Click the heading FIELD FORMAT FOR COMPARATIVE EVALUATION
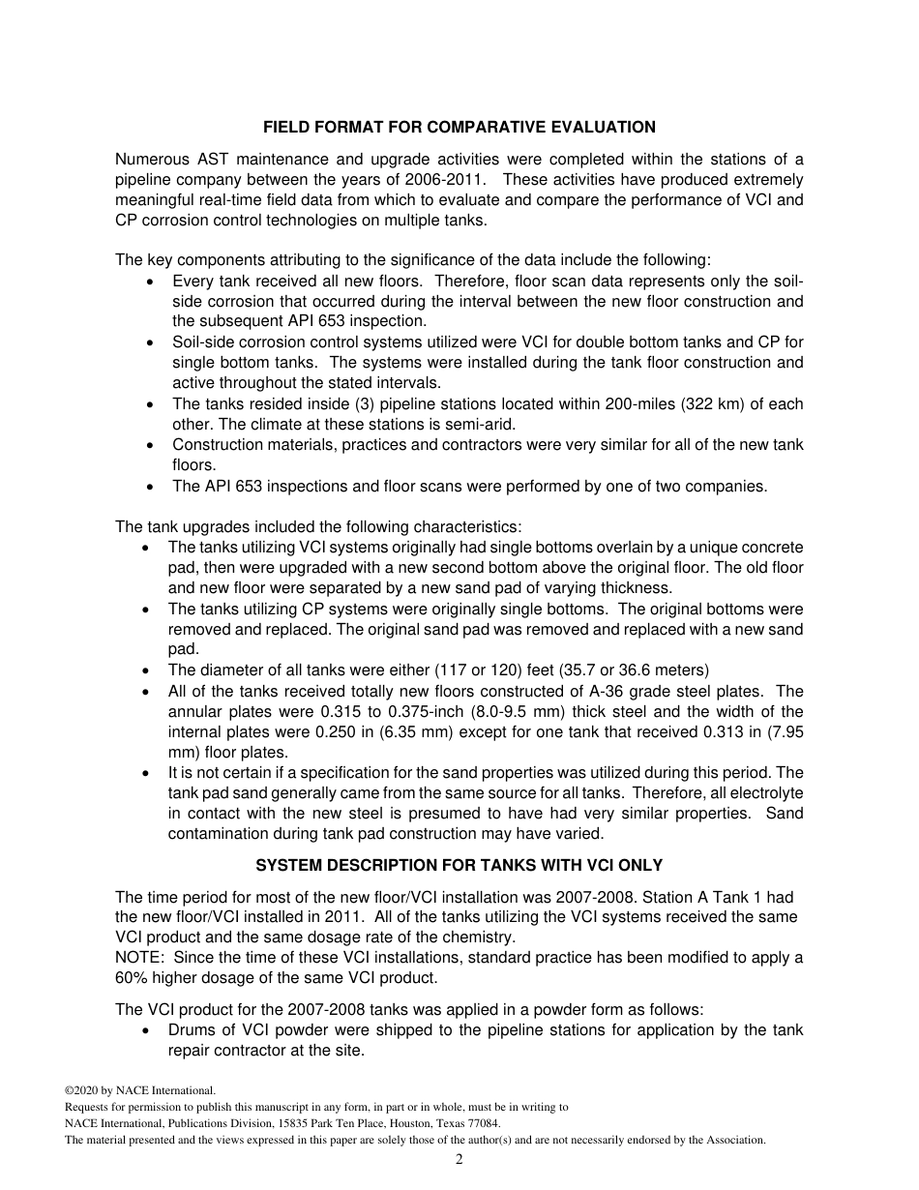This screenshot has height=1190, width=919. pyautogui.click(x=459, y=127)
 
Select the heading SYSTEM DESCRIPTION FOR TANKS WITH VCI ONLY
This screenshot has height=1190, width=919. pyautogui.click(x=459, y=865)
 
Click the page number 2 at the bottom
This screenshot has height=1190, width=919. pyautogui.click(x=459, y=1160)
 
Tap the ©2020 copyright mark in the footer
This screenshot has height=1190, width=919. pyautogui.click(x=82, y=1090)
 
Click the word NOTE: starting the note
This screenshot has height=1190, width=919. pyautogui.click(x=139, y=957)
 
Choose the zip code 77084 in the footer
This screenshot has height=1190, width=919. pyautogui.click(x=481, y=1123)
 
